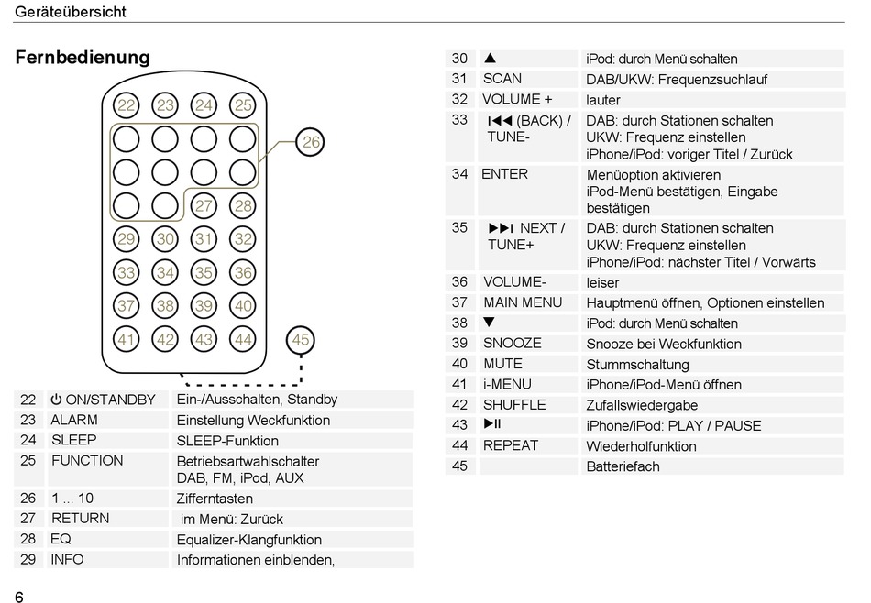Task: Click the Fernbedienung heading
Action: (83, 58)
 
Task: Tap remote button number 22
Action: (127, 106)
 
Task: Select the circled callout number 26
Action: (312, 142)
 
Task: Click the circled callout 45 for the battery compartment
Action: (301, 340)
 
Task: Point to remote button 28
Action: (242, 206)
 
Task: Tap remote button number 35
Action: (204, 272)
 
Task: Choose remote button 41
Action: (127, 339)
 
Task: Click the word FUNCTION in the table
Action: (87, 461)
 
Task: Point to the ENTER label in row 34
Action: (505, 174)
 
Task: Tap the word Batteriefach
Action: (623, 466)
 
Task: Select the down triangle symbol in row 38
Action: (490, 323)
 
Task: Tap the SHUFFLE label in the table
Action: (514, 404)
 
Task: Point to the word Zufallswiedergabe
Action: (642, 405)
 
